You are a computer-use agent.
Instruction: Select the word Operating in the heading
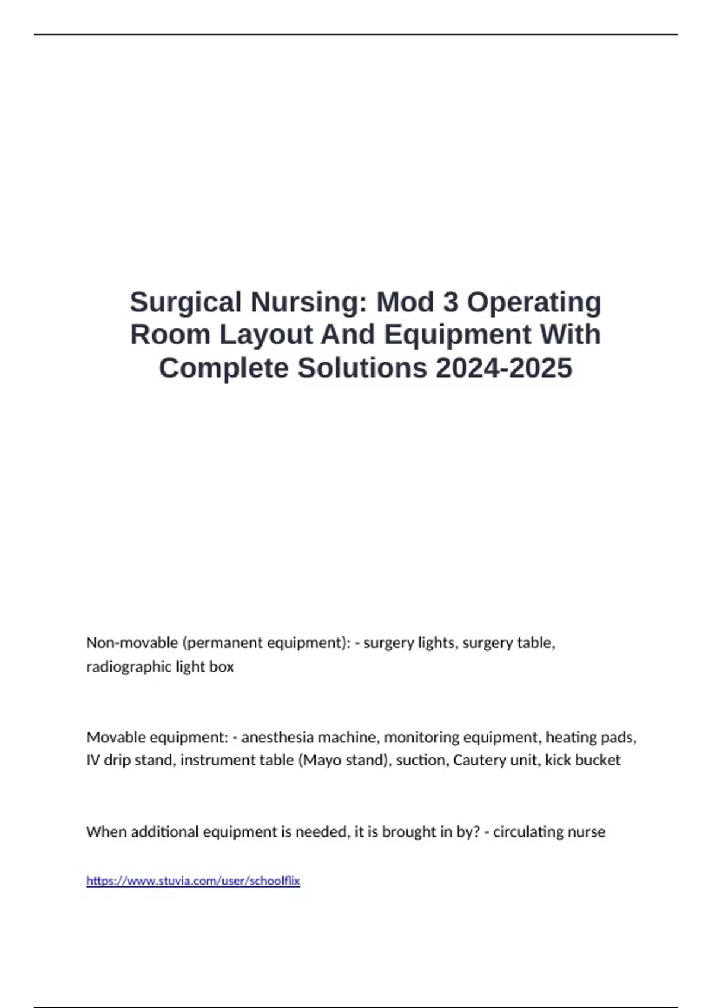(x=534, y=302)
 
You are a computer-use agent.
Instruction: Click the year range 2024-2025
(x=504, y=368)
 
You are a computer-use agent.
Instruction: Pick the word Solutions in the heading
(x=362, y=368)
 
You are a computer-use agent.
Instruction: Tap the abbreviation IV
(x=93, y=760)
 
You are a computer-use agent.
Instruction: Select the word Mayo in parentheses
(x=323, y=760)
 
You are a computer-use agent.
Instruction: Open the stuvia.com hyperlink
(x=193, y=881)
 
